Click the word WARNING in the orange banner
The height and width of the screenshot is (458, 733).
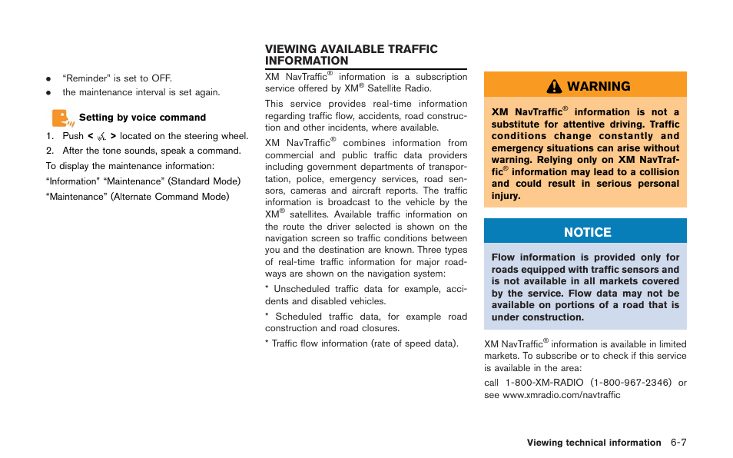(x=599, y=86)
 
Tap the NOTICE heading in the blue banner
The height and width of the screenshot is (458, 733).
(x=587, y=232)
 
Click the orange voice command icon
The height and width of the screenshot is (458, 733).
(x=61, y=118)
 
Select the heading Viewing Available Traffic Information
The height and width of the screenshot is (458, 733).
(x=351, y=55)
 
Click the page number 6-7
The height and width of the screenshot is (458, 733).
(x=677, y=443)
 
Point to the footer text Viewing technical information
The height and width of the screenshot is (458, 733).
(x=593, y=443)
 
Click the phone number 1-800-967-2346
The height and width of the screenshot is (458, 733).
(x=631, y=383)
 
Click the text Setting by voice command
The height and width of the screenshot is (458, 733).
(x=142, y=118)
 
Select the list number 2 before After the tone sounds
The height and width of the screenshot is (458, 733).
(x=48, y=151)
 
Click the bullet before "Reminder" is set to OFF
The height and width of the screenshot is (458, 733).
(x=48, y=79)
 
